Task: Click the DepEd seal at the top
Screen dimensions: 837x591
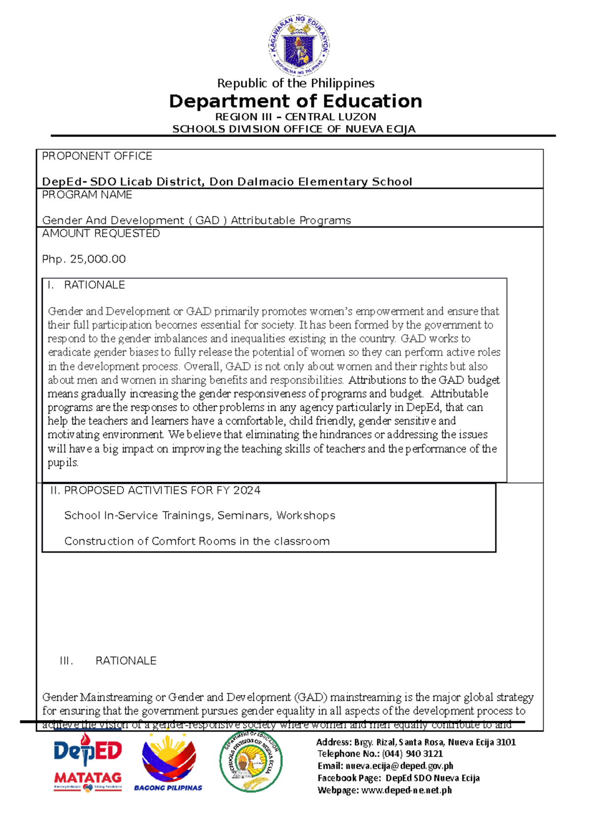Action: (x=299, y=45)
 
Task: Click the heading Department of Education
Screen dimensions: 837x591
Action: (x=295, y=101)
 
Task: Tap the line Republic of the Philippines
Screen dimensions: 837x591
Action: (x=295, y=83)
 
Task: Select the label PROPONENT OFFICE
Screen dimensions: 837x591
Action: (x=97, y=156)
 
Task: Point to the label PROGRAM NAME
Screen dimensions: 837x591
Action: (x=87, y=195)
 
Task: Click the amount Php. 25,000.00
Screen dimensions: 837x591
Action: (x=84, y=259)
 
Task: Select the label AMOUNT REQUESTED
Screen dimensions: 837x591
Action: (x=101, y=234)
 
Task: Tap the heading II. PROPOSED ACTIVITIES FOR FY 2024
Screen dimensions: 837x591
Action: (x=155, y=490)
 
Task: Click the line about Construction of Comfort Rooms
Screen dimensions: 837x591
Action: (x=197, y=541)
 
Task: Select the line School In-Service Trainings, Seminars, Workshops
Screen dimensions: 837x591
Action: (x=199, y=516)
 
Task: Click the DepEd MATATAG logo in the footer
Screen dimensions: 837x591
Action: (x=88, y=762)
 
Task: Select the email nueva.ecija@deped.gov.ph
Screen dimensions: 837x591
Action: (x=399, y=766)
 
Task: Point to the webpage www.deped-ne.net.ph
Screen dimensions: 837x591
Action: (x=406, y=790)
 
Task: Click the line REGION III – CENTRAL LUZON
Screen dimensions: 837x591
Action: (x=295, y=117)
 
